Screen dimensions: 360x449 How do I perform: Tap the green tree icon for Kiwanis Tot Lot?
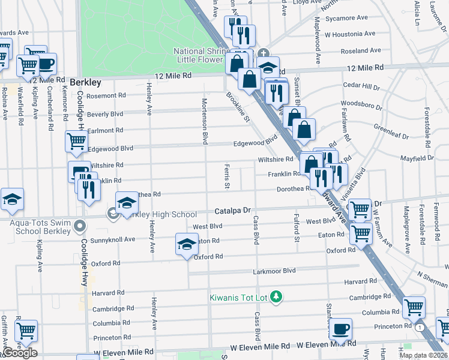point(276,296)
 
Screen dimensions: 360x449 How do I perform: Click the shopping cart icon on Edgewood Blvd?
point(77,142)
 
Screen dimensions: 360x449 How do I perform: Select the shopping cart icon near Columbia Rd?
point(414,308)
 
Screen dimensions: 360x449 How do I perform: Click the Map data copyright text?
point(423,355)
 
